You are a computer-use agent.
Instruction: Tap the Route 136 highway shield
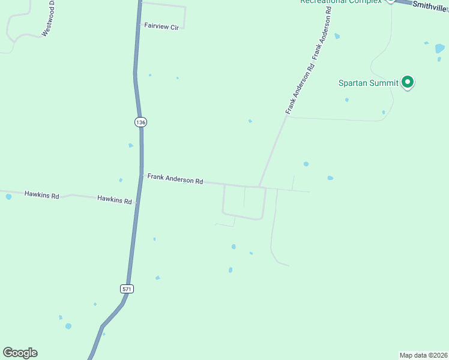pos(140,122)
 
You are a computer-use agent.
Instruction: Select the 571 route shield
pos(127,289)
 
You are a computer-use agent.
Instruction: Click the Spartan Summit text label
pos(369,83)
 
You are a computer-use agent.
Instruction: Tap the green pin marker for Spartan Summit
pos(408,82)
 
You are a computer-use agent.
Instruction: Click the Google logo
pos(20,353)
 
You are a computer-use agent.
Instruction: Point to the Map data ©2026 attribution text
pos(424,355)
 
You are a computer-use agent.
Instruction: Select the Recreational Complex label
pos(341,2)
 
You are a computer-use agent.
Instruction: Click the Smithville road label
pos(430,6)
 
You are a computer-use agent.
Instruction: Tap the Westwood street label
pos(47,18)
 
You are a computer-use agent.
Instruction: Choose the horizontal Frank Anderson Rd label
pos(175,179)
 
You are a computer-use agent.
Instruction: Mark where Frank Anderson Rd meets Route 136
pos(142,175)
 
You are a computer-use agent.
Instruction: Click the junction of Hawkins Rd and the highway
pos(137,203)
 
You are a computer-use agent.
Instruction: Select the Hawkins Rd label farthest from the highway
pos(41,195)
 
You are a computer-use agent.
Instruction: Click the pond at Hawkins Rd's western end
pos(8,196)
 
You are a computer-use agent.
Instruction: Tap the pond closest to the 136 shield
pos(130,145)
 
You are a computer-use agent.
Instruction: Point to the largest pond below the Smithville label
pos(440,48)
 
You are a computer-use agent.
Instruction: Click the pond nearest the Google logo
pos(68,326)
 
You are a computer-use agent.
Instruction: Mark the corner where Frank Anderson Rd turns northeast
pos(259,186)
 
